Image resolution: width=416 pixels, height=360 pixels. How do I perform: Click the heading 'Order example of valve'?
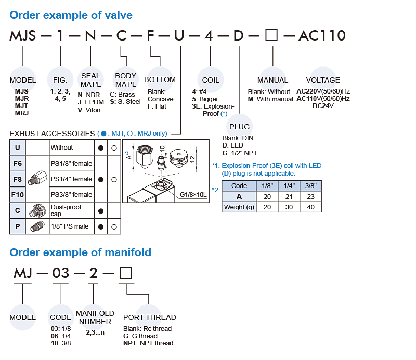71,15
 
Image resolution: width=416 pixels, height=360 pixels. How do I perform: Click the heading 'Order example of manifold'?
81,252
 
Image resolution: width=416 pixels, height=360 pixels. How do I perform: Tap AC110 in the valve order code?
321,36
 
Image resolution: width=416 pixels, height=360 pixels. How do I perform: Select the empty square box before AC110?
271,36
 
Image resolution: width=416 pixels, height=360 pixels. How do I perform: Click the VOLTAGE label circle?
323,80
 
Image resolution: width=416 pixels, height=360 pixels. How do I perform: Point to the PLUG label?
239,127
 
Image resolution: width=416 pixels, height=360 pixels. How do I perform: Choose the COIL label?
211,80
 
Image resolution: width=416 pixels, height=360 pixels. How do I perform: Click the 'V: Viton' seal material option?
89,110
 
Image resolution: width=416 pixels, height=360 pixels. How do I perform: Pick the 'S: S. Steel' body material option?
125,102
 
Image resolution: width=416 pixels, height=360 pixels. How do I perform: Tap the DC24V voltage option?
323,106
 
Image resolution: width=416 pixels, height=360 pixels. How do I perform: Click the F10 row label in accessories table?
17,195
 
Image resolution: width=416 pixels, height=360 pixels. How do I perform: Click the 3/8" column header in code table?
311,185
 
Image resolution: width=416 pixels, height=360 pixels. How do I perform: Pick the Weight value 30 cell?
289,207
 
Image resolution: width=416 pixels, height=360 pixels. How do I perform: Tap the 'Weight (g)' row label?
239,207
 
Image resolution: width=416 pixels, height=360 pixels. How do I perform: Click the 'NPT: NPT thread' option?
148,343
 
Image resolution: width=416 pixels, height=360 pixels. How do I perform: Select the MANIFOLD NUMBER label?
95,317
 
